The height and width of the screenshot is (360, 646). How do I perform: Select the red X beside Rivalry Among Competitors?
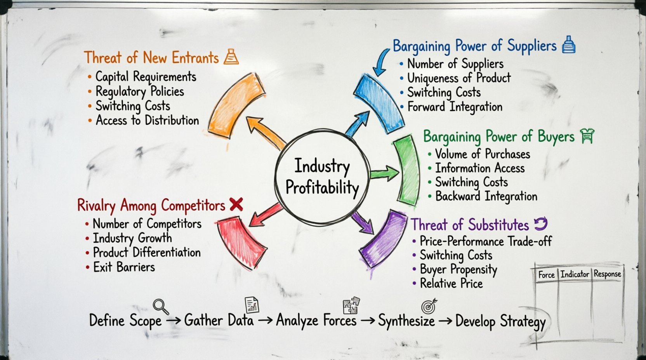[x=236, y=204]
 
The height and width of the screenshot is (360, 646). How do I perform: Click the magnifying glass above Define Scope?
[x=160, y=306]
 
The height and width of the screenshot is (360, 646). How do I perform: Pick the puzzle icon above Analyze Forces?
[x=351, y=305]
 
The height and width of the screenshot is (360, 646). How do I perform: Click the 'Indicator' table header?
[x=575, y=274]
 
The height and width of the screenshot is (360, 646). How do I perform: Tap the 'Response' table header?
[x=607, y=274]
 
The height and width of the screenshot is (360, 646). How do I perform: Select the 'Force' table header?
[x=546, y=275]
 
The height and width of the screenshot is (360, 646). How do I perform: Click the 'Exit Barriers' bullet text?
[x=124, y=267]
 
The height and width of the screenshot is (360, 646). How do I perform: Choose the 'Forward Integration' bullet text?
[x=455, y=107]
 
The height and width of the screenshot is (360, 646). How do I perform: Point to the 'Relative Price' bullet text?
[x=451, y=284]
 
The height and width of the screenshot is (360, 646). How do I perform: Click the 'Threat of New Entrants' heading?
[x=151, y=58]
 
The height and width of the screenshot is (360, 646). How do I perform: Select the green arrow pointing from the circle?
[x=384, y=173]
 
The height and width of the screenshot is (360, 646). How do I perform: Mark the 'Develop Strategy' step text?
[x=500, y=322]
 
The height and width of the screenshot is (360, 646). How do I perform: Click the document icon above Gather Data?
[x=252, y=305]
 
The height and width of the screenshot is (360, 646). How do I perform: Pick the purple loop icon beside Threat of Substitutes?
[x=540, y=224]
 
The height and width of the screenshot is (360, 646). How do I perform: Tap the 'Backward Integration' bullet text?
[x=486, y=196]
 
